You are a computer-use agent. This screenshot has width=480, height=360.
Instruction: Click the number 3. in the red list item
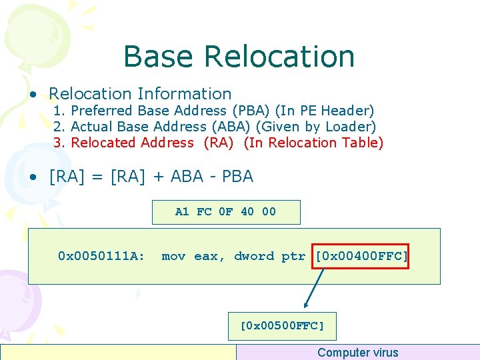[60, 143]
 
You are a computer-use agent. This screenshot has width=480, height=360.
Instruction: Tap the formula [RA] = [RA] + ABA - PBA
[151, 177]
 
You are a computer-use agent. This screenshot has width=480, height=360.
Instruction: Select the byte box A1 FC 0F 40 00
[226, 212]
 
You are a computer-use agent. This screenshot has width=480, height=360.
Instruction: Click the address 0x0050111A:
[101, 256]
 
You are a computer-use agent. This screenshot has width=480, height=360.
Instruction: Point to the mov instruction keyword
[173, 256]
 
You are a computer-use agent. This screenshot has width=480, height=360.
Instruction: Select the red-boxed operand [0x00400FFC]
[361, 256]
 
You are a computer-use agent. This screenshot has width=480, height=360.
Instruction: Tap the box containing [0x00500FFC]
[282, 326]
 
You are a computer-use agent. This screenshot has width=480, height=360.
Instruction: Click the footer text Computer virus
[357, 353]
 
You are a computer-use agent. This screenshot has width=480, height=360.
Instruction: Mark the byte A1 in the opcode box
[182, 212]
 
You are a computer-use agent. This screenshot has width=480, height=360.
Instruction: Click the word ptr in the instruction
[293, 256]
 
